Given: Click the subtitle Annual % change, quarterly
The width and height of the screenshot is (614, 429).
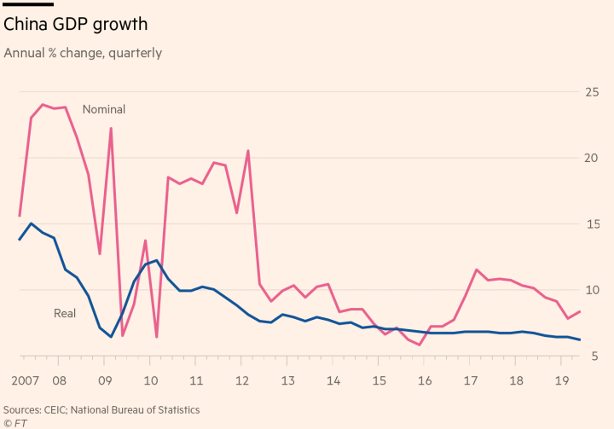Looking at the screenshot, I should click(x=83, y=53).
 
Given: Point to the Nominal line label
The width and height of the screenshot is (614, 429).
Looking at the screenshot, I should click(x=103, y=109).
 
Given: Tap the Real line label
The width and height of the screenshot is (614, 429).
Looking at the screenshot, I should click(x=65, y=314).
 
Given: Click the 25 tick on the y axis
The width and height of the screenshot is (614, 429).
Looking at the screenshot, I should click(x=590, y=92).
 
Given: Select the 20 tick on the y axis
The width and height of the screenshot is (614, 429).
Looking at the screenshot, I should click(x=590, y=158).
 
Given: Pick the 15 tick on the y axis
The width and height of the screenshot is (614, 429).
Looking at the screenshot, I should click(x=590, y=224).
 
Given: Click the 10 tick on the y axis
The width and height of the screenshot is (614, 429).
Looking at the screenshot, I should click(x=590, y=290).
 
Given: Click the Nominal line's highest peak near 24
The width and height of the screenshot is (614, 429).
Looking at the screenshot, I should click(x=43, y=104).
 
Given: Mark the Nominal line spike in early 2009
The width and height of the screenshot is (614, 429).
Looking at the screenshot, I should click(x=111, y=129).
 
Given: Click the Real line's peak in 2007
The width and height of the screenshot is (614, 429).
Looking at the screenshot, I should click(x=31, y=223).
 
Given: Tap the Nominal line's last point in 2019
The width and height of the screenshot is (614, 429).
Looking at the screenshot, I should click(x=580, y=311).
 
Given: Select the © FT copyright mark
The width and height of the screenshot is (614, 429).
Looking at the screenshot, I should click(x=14, y=423).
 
